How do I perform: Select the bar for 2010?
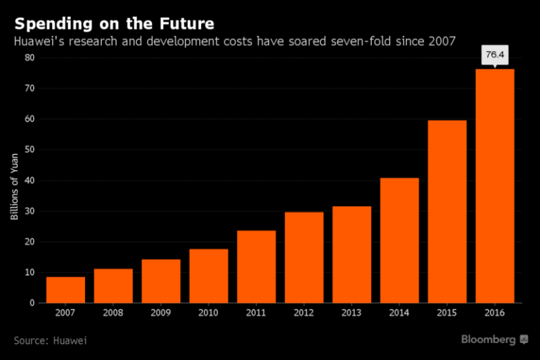tap(209, 276)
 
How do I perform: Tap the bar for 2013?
tap(352, 255)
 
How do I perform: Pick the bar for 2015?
tap(447, 212)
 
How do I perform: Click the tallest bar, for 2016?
tap(495, 186)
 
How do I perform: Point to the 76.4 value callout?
tap(495, 55)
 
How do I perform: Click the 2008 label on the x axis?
tap(113, 313)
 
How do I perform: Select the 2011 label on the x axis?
tap(256, 313)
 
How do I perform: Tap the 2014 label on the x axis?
tap(399, 313)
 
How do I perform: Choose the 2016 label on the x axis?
tap(495, 313)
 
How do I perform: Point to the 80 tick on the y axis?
tap(30, 58)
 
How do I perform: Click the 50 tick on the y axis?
tap(30, 150)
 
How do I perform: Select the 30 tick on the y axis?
tap(30, 211)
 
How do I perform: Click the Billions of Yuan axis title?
tap(14, 191)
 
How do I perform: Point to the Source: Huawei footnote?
tap(50, 340)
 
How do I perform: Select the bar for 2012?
tap(304, 257)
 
